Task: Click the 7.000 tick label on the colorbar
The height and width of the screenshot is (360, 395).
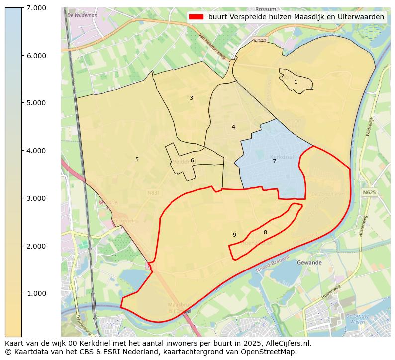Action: (x=36, y=8)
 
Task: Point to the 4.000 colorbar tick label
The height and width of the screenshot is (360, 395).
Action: (x=36, y=151)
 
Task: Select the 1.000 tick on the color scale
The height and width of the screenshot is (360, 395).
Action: (x=36, y=293)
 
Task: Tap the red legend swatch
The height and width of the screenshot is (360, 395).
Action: (x=197, y=17)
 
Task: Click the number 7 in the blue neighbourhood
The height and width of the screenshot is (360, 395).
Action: (x=274, y=161)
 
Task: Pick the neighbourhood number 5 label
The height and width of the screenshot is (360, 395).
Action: (x=137, y=159)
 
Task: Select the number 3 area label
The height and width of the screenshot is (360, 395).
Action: (x=191, y=98)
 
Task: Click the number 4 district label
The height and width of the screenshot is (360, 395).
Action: (x=233, y=127)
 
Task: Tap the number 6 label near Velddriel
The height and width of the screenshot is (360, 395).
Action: (x=192, y=160)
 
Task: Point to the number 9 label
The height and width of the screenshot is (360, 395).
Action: (x=234, y=235)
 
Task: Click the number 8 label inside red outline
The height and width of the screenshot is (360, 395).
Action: (x=265, y=232)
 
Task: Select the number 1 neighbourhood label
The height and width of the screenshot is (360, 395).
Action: (x=296, y=82)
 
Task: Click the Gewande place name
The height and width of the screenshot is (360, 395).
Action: (x=309, y=262)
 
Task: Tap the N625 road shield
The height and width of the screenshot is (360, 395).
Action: (x=369, y=192)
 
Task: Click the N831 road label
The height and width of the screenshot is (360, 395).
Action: (x=153, y=192)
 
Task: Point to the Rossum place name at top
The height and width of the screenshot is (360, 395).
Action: (x=265, y=9)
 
